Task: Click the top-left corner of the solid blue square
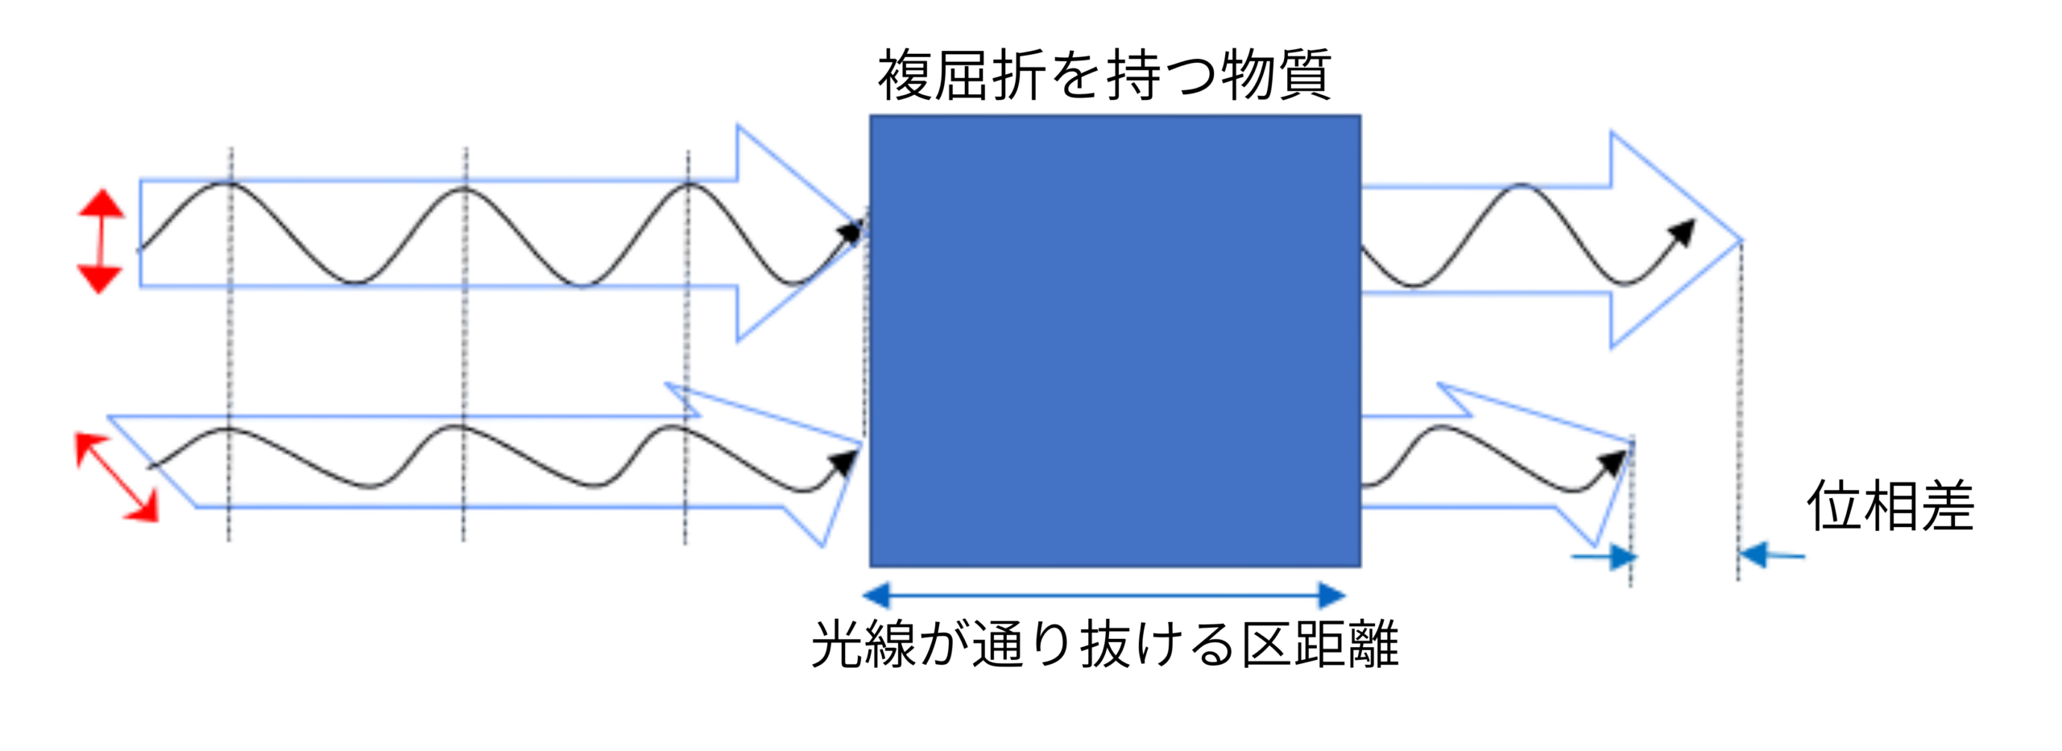pos(870,116)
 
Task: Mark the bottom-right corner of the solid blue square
pos(1361,566)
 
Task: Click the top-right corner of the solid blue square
pos(1361,116)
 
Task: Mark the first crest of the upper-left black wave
pos(230,185)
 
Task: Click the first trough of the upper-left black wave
pos(354,283)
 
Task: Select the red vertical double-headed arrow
pos(100,241)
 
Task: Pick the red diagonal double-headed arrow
pos(116,477)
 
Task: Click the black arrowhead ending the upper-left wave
pos(851,232)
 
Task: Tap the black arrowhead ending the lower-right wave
pos(1613,463)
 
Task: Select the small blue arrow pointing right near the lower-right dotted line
pos(1604,557)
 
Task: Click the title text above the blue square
pos(1104,75)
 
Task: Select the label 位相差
pos(1890,506)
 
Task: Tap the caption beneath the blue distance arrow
pos(1104,645)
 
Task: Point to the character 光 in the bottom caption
pos(838,645)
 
